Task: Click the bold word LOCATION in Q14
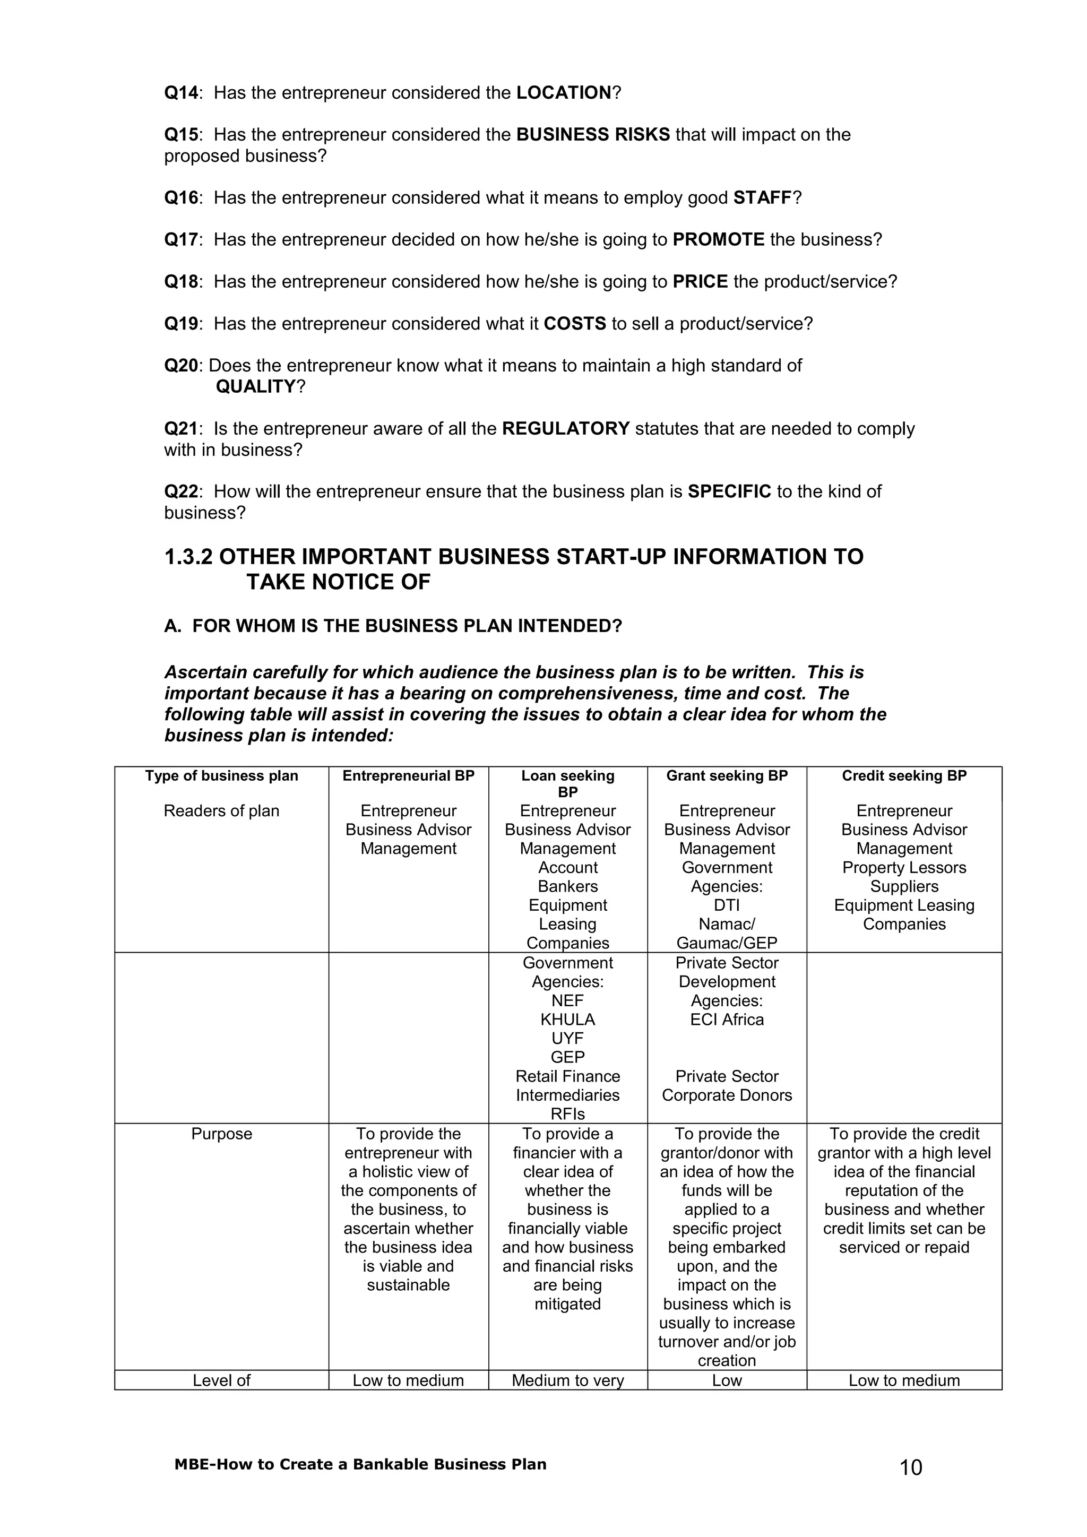pyautogui.click(x=564, y=93)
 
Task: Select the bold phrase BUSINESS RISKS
pyautogui.click(x=592, y=135)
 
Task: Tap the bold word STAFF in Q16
pyautogui.click(x=762, y=198)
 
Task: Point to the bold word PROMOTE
pyautogui.click(x=718, y=240)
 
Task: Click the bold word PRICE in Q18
pyautogui.click(x=700, y=282)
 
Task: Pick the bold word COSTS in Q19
pyautogui.click(x=574, y=324)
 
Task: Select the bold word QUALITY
pyautogui.click(x=256, y=387)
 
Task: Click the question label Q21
pyautogui.click(x=180, y=429)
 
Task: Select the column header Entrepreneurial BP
pyautogui.click(x=408, y=776)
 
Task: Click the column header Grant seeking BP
pyautogui.click(x=727, y=776)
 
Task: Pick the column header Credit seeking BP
pyautogui.click(x=903, y=776)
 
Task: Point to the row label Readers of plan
pyautogui.click(x=221, y=811)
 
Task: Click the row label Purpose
pyautogui.click(x=221, y=1134)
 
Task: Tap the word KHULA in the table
pyautogui.click(x=567, y=1020)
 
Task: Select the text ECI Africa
pyautogui.click(x=727, y=1020)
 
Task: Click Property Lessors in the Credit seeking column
pyautogui.click(x=903, y=868)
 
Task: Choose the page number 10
pyautogui.click(x=910, y=1467)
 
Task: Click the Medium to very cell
pyautogui.click(x=567, y=1380)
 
